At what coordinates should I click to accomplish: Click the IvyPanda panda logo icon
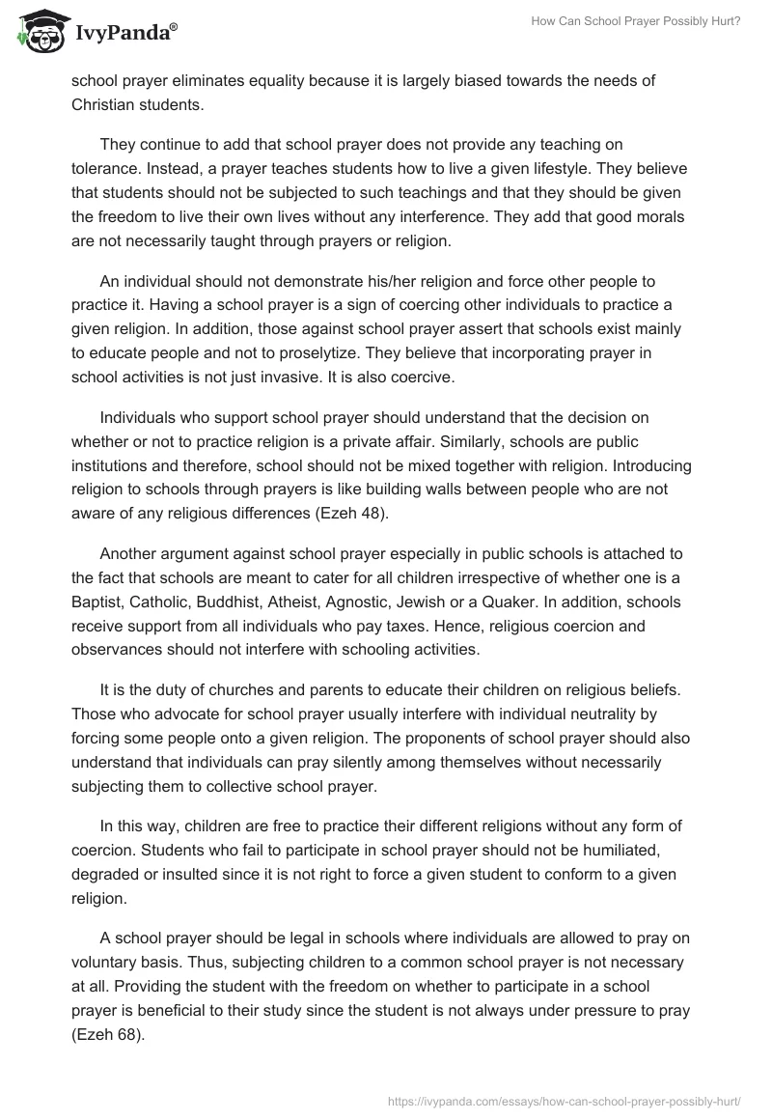(39, 31)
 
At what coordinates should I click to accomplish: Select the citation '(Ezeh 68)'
(108, 1032)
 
